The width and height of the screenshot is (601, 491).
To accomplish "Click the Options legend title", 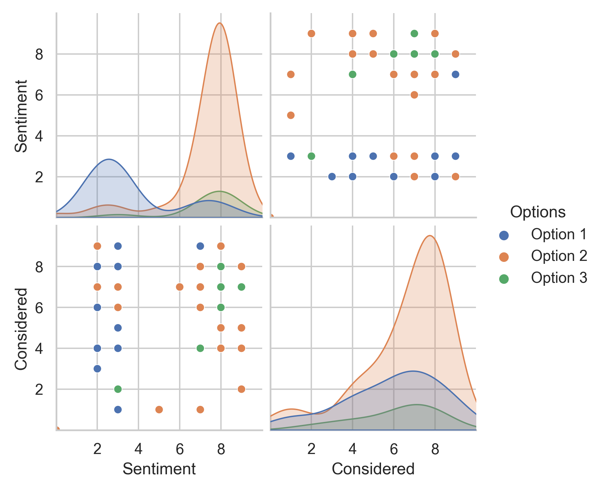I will (538, 212).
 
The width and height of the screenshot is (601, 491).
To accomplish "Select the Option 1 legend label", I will (559, 234).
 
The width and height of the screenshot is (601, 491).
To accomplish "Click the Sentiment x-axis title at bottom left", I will (159, 469).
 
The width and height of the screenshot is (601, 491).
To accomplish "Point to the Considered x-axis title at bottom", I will (373, 469).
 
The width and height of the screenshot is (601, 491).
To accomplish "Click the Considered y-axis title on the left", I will (21, 329).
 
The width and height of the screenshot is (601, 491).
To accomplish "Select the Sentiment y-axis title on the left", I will (21, 116).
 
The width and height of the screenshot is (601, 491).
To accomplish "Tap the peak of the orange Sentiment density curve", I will (220, 23).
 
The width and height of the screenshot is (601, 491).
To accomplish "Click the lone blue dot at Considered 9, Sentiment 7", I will (455, 74).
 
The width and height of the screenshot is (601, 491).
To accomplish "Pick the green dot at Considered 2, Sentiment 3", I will (311, 156).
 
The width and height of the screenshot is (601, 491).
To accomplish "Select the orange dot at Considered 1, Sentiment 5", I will (291, 115).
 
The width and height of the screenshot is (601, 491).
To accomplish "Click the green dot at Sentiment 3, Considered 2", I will (118, 389).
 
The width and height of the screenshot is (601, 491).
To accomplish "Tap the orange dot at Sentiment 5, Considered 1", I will (159, 409).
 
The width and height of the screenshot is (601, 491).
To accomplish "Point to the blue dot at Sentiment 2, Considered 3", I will (97, 369).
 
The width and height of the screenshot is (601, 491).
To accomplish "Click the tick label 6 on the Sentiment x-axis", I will (179, 449).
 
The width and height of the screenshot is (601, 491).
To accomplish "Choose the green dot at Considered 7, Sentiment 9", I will (414, 33).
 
